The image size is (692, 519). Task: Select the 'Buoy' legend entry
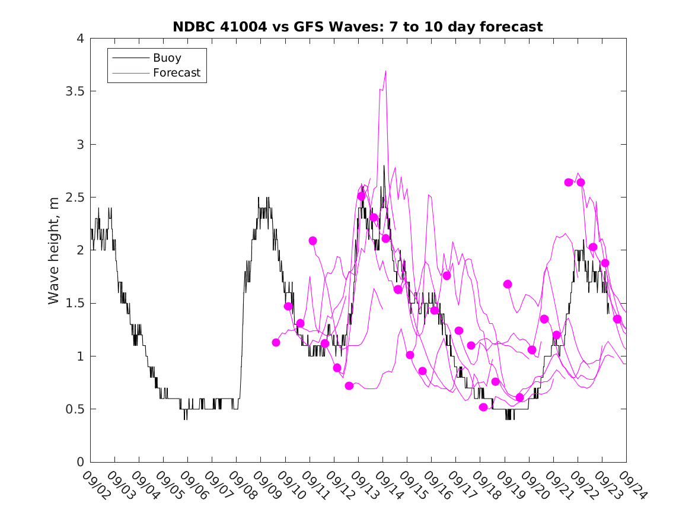pos(167,58)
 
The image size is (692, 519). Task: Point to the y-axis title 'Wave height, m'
pos(54,250)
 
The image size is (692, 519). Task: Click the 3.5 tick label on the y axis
pos(74,92)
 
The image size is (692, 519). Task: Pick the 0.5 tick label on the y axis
pos(74,409)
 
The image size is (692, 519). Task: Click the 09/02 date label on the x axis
pos(94,484)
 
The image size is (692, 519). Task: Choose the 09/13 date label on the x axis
pos(362,484)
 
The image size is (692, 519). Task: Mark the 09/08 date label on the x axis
pos(240,484)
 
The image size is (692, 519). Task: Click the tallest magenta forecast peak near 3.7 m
pos(385,71)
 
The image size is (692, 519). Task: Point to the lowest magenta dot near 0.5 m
pos(483,407)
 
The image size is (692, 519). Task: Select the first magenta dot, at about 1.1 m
pos(276,342)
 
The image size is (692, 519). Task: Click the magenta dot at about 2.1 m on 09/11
pos(312,241)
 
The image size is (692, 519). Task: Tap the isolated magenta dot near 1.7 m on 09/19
pos(508,284)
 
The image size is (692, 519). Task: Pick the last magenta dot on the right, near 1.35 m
pos(617,319)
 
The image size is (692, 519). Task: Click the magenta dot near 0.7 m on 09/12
pos(349,386)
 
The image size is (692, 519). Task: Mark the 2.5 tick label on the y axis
pos(74,198)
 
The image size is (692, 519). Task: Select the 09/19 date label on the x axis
pos(509,484)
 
